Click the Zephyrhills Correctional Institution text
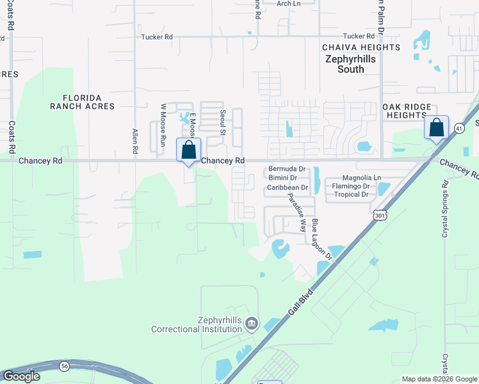tap(197, 325)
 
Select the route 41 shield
tap(459, 128)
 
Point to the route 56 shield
tap(65, 366)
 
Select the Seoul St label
tap(223, 122)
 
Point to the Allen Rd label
tap(135, 141)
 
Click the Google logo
tap(21, 376)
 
